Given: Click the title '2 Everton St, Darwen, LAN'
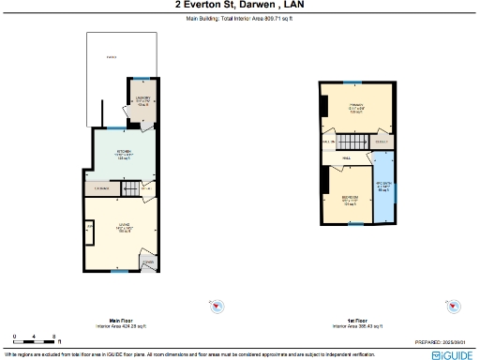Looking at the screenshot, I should click(x=239, y=5).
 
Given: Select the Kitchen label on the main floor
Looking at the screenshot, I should click(x=123, y=154).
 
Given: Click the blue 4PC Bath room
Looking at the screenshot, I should click(x=384, y=187).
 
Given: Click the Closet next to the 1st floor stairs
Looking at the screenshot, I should click(x=382, y=142).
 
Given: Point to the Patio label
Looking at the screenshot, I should click(x=110, y=58).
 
